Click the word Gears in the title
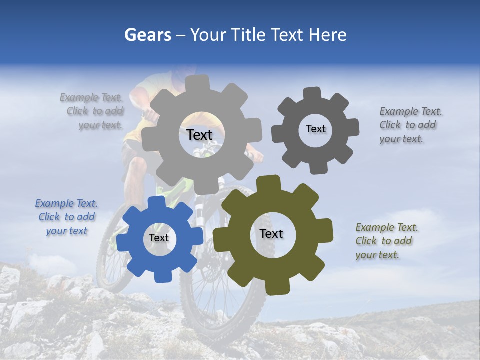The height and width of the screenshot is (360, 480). pyautogui.click(x=147, y=35)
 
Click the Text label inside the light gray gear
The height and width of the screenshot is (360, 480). pyautogui.click(x=199, y=135)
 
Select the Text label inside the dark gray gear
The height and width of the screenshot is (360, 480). pyautogui.click(x=315, y=129)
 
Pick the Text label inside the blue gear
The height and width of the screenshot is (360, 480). pyautogui.click(x=159, y=238)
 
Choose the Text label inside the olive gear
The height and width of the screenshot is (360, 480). pyautogui.click(x=271, y=233)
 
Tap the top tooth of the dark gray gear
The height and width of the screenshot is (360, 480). pyautogui.click(x=312, y=93)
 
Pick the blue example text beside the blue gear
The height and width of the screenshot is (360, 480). pyautogui.click(x=67, y=217)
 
